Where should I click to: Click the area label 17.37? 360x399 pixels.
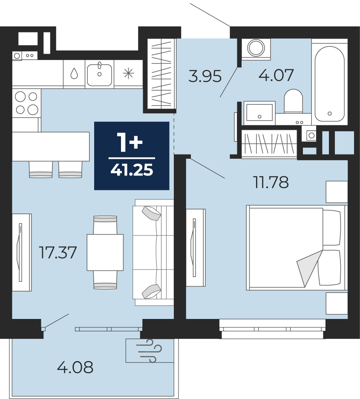click(58, 253)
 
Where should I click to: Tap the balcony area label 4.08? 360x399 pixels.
click(75, 367)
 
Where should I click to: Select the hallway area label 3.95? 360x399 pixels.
click(205, 76)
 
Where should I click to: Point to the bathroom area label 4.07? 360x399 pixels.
click(276, 75)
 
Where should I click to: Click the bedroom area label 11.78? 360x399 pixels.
click(271, 182)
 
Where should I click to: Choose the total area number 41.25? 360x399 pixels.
click(132, 170)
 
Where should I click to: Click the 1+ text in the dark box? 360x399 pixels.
click(130, 143)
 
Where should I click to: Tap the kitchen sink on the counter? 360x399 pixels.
click(100, 74)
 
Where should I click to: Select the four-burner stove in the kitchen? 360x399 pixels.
click(26, 103)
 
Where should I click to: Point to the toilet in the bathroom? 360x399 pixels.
click(293, 101)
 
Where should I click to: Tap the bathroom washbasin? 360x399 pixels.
click(259, 113)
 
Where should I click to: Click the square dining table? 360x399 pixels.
click(105, 253)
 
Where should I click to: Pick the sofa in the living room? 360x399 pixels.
click(153, 252)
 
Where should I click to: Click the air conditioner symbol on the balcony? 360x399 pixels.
click(150, 350)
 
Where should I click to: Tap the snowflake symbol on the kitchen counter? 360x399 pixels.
click(128, 74)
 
